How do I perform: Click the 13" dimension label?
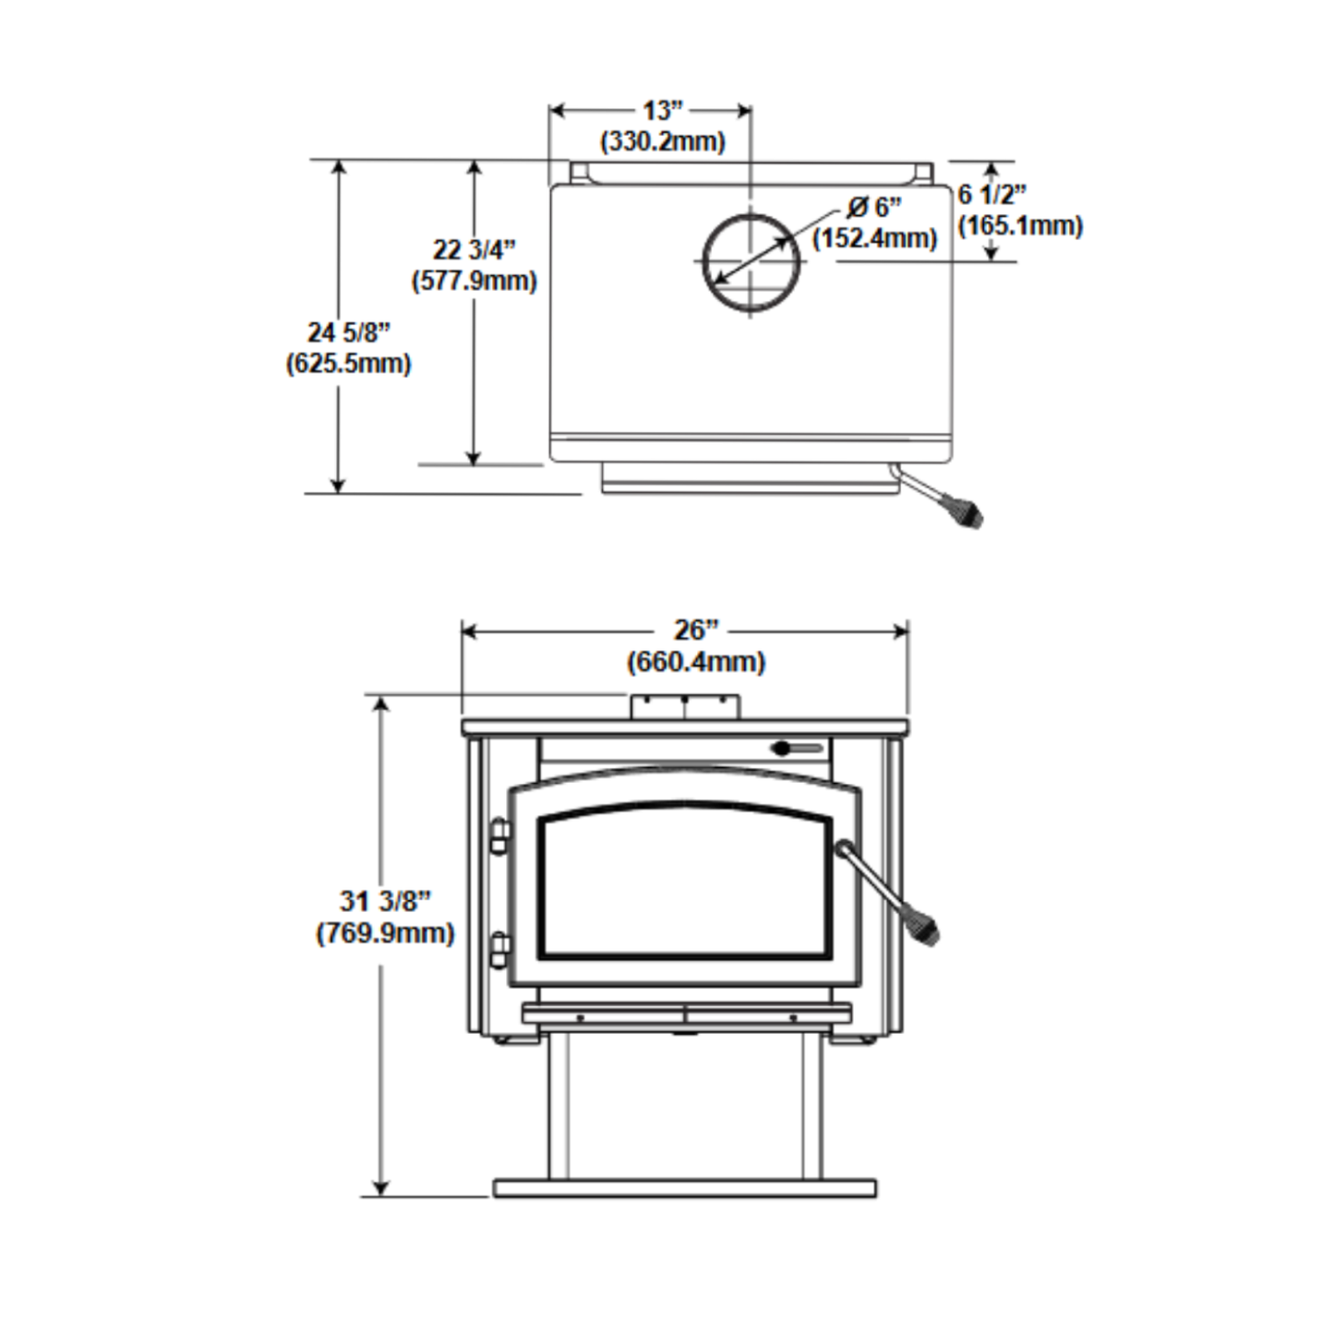(663, 111)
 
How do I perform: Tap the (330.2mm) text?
(663, 141)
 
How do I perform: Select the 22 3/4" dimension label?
(475, 249)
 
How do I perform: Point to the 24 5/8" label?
(349, 332)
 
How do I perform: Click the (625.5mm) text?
(349, 364)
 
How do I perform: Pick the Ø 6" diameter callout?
(874, 207)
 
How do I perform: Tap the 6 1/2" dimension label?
(991, 195)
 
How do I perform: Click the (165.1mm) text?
(1020, 225)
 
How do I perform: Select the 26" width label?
(696, 630)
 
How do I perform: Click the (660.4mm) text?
(696, 662)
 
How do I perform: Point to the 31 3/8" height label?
(385, 901)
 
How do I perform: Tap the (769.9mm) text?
(385, 933)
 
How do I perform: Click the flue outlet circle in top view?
(751, 263)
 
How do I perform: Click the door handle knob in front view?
(925, 930)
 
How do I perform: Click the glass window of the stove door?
(685, 880)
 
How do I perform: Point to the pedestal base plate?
(685, 1189)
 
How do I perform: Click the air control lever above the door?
(797, 749)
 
